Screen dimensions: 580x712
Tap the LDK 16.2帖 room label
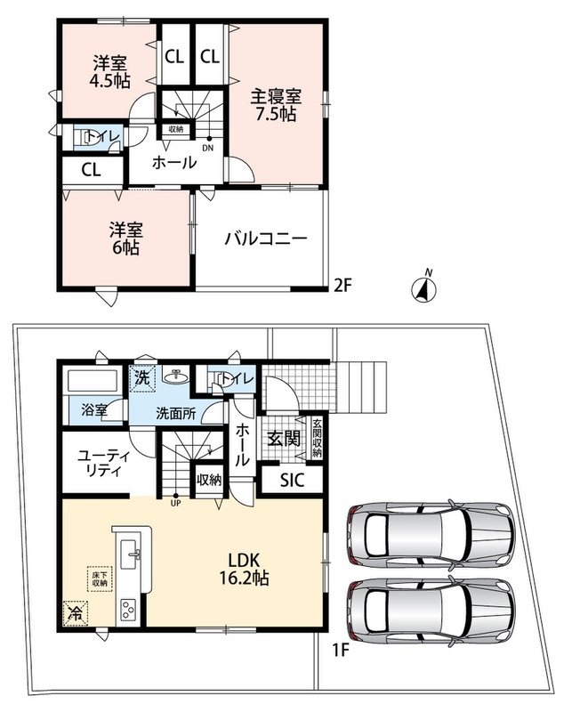pyautogui.click(x=244, y=569)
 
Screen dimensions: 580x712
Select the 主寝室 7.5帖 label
pyautogui.click(x=276, y=105)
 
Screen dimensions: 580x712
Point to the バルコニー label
pyautogui.click(x=266, y=239)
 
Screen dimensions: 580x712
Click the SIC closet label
pyautogui.click(x=293, y=481)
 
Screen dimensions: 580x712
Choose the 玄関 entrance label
pyautogui.click(x=284, y=439)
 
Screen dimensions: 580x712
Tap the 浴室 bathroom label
pyautogui.click(x=94, y=410)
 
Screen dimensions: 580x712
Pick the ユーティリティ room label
pyautogui.click(x=104, y=463)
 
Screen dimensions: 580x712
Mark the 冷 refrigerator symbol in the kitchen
pyautogui.click(x=76, y=613)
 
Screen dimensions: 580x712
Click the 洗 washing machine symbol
pyautogui.click(x=143, y=377)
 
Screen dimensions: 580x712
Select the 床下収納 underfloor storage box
pyautogui.click(x=100, y=579)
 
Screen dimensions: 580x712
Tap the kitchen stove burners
pyautogui.click(x=128, y=609)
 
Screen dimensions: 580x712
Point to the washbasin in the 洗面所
pyautogui.click(x=174, y=376)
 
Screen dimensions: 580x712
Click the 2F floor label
pyautogui.click(x=343, y=286)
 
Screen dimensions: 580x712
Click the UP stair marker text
pyautogui.click(x=175, y=504)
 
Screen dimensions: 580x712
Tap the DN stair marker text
pyautogui.click(x=208, y=148)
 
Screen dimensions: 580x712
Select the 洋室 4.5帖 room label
pyautogui.click(x=110, y=71)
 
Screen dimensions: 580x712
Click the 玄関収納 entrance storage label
pyautogui.click(x=318, y=437)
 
